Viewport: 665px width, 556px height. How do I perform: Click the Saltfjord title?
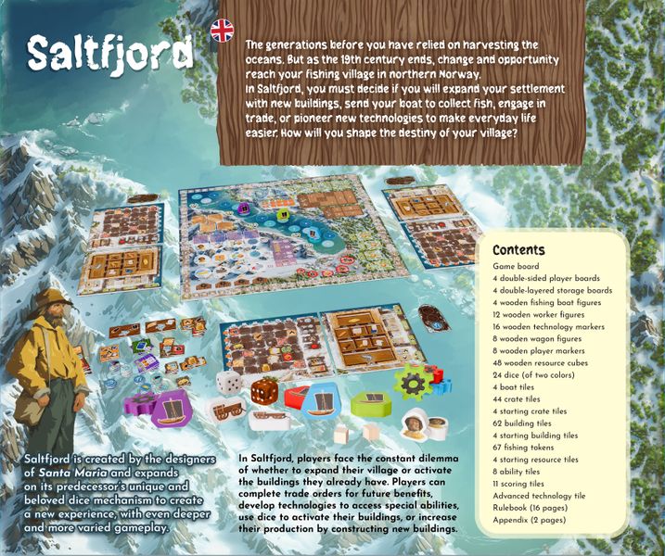click(109, 55)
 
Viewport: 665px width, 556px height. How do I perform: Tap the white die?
click(229, 385)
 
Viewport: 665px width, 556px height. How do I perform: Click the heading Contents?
click(518, 250)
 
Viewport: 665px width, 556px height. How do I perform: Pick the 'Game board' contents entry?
click(517, 267)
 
